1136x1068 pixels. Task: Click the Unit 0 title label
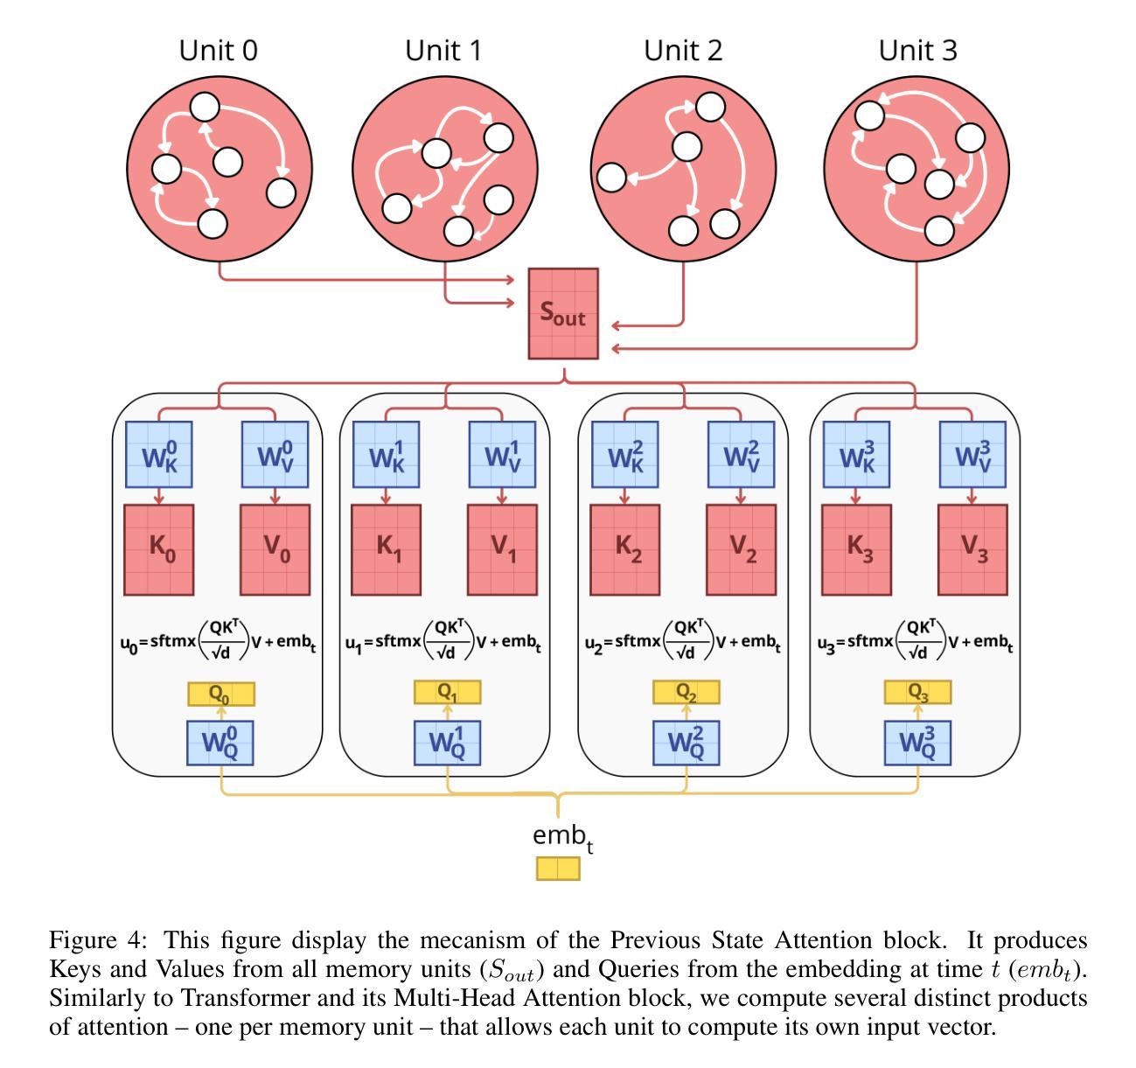[219, 51]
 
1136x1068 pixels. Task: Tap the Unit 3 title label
[917, 51]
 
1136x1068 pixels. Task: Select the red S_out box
[563, 313]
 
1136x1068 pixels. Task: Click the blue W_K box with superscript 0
[159, 455]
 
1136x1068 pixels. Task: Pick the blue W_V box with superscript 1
[502, 455]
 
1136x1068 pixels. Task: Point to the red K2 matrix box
[624, 549]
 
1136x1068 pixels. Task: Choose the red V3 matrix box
[972, 549]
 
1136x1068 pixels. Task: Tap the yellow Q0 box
[221, 695]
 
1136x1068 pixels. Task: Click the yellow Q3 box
[917, 693]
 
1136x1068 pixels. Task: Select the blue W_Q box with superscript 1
[447, 743]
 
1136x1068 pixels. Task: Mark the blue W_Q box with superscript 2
[686, 743]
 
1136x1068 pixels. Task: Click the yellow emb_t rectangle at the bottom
[558, 869]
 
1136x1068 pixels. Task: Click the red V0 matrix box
[275, 549]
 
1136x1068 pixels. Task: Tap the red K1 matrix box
[386, 549]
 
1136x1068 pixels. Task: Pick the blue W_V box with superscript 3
[972, 455]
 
